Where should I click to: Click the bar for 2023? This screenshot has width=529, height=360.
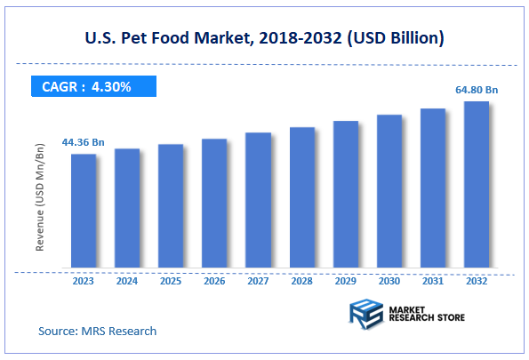click(x=84, y=211)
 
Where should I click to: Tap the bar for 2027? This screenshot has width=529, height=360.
click(x=258, y=200)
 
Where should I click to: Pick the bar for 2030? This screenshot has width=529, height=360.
click(x=389, y=191)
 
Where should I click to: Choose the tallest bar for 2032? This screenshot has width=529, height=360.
click(x=477, y=184)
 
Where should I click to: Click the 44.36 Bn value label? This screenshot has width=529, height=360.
click(x=84, y=142)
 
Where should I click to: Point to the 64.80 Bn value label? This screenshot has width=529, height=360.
click(x=477, y=89)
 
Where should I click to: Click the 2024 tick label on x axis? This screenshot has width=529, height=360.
click(x=127, y=280)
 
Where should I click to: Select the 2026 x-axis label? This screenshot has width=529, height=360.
click(x=214, y=280)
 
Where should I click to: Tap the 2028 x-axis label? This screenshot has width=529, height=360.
click(x=301, y=280)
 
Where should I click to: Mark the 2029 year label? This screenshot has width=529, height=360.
click(x=345, y=280)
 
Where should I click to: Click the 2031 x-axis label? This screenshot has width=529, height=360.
click(x=433, y=280)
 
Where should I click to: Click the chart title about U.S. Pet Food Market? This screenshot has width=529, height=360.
click(x=264, y=38)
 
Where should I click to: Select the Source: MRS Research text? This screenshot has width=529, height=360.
click(x=98, y=331)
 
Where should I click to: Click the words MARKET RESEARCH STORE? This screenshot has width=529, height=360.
click(x=426, y=313)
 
